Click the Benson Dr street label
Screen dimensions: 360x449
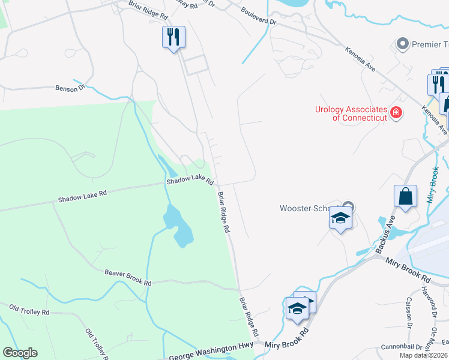click(x=70, y=89)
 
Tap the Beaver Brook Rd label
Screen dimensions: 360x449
click(x=128, y=277)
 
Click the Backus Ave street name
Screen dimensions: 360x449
click(x=384, y=233)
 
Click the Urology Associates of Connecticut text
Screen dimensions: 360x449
click(x=351, y=113)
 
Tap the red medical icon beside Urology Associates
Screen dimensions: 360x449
click(x=396, y=112)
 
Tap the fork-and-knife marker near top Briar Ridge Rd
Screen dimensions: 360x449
click(x=173, y=37)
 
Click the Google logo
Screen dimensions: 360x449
click(x=20, y=353)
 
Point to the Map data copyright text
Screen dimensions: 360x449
click(x=424, y=355)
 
